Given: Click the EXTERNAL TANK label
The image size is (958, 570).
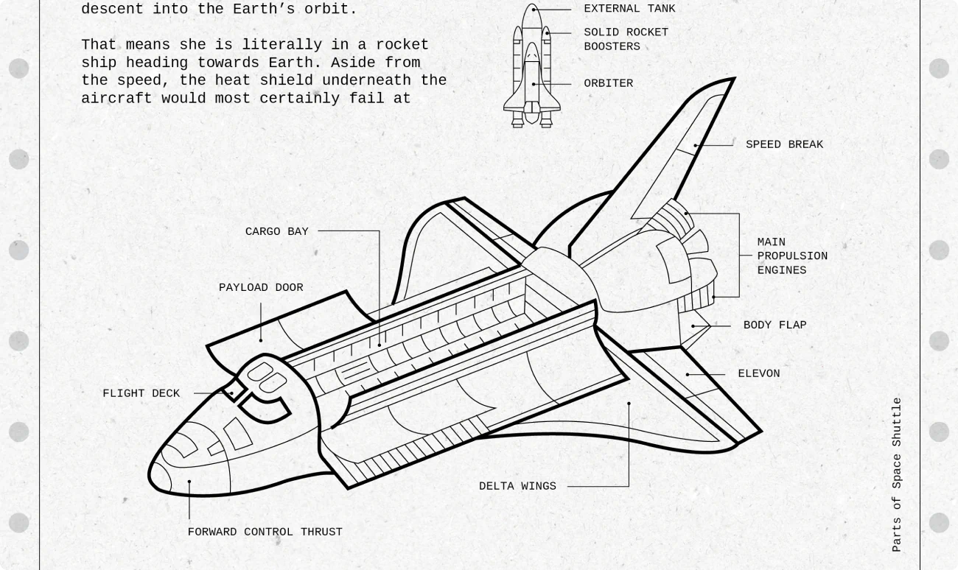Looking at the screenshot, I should [629, 9].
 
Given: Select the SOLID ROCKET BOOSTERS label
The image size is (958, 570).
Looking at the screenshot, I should [626, 39].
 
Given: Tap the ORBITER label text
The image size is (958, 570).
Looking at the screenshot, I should [608, 84].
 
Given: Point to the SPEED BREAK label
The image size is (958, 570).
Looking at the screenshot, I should [784, 145].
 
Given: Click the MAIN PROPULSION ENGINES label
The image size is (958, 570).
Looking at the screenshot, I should [792, 256].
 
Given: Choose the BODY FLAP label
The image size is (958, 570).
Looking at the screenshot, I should [775, 326].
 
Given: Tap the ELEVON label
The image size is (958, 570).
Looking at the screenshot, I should [758, 374].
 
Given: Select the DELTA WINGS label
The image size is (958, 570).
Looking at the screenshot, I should [517, 487].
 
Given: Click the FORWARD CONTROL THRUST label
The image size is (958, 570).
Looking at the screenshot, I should [265, 532].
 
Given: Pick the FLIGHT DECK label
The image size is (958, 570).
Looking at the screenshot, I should [141, 394].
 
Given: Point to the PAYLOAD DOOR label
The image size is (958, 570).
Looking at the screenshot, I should [261, 288].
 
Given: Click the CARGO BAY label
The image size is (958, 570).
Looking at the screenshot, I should [276, 232].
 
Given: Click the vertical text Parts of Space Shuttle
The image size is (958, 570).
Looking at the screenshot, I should [897, 475].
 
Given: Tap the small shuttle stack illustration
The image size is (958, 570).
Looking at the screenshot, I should [532, 66].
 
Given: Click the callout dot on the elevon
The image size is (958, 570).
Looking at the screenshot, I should [688, 375].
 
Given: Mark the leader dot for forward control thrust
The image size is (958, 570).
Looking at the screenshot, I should [189, 482].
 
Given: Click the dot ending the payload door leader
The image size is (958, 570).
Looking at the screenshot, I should [261, 340].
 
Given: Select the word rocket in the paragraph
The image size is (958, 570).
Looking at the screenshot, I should [402, 45].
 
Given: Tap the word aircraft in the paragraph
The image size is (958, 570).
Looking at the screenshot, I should [116, 99].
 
